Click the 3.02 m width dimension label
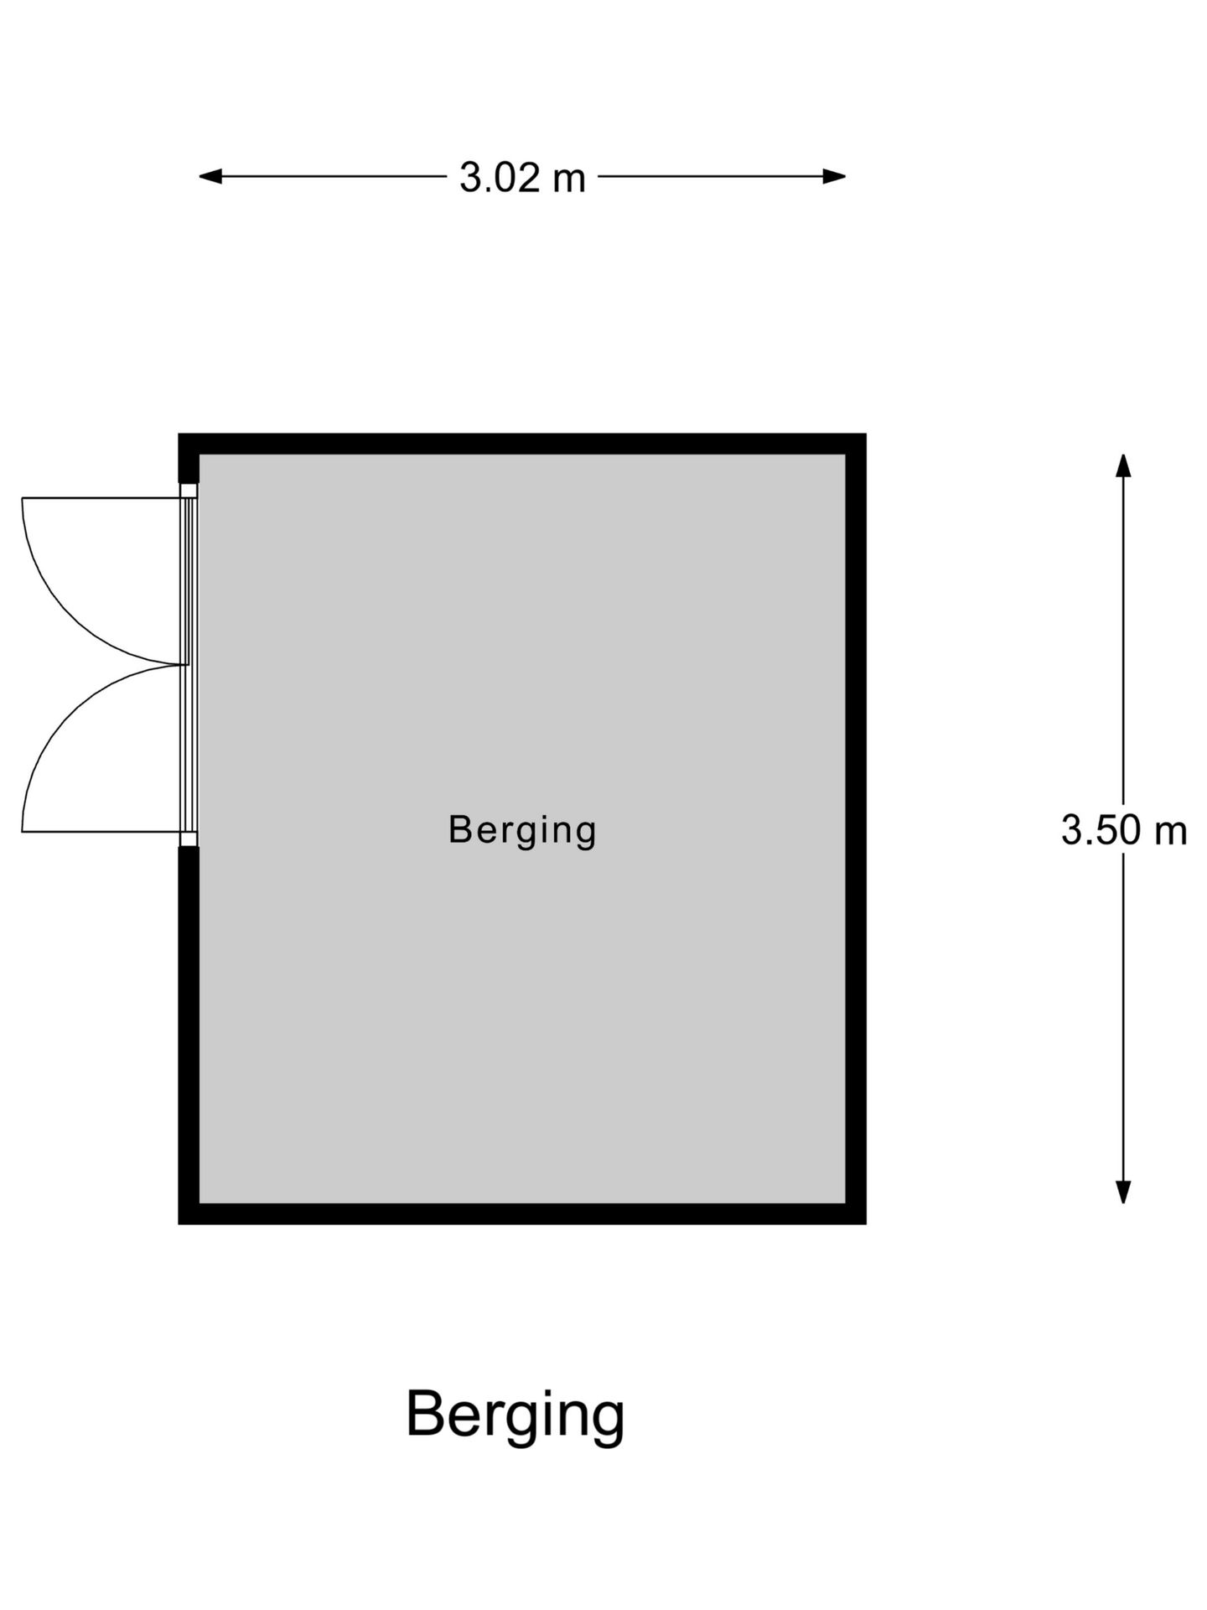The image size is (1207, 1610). tap(522, 178)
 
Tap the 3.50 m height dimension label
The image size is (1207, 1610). tap(1124, 830)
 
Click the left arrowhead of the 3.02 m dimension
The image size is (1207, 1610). tap(210, 176)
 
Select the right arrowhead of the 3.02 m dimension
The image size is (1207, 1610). tap(834, 176)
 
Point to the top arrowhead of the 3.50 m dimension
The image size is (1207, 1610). tap(1123, 465)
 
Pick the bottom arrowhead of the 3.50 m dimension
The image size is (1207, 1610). tap(1123, 1192)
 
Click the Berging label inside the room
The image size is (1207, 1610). tap(522, 831)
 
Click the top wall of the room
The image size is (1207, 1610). tap(522, 444)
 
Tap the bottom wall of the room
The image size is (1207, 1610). tap(522, 1213)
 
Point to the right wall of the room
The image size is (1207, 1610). tap(856, 828)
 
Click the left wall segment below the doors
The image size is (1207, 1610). tap(189, 1035)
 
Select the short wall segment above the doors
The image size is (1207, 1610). tap(189, 459)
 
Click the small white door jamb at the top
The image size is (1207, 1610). tap(189, 491)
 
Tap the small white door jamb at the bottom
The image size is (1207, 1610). tap(189, 839)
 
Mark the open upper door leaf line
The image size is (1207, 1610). tap(101, 498)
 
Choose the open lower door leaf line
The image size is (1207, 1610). tap(101, 832)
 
